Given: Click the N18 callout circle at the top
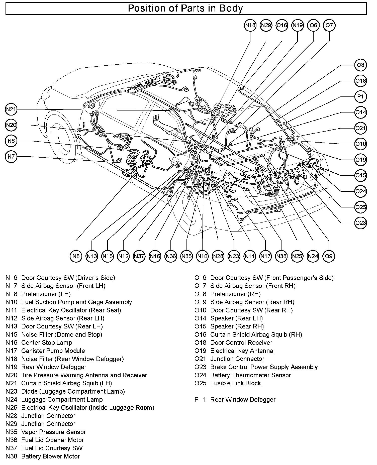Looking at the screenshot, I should click(250, 25).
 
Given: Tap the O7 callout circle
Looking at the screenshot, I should click(329, 25).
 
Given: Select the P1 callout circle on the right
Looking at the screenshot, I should click(360, 97).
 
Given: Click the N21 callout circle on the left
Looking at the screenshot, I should click(11, 109).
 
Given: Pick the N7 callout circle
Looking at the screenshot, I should click(11, 157).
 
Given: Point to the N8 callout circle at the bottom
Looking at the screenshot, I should click(76, 256).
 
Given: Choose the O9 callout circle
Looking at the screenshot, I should click(329, 256).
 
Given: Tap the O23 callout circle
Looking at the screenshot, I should click(360, 223).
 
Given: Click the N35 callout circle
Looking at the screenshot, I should click(186, 256).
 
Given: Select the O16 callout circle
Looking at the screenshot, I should click(282, 25).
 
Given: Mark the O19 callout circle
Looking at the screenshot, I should click(360, 160).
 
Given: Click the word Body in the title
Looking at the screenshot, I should click(231, 9).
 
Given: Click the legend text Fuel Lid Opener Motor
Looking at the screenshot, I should click(53, 440).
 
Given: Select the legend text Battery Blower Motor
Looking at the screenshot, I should click(50, 456).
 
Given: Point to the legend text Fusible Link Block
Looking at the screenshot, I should click(236, 383).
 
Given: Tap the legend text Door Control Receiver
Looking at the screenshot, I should click(241, 342).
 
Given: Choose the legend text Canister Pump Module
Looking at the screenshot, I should click(53, 351).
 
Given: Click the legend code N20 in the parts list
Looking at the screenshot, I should click(12, 375).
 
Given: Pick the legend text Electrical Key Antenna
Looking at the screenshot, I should click(242, 351).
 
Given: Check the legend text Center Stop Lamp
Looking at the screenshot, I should click(47, 342).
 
